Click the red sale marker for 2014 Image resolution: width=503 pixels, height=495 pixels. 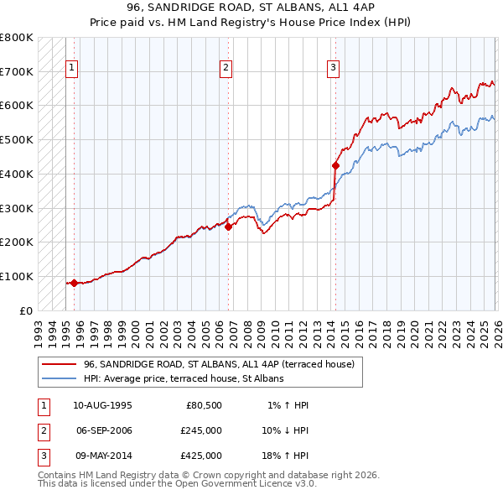335,165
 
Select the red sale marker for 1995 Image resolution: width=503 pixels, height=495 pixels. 74,283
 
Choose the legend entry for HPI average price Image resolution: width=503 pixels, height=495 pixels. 184,378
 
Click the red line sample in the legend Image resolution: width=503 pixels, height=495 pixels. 60,364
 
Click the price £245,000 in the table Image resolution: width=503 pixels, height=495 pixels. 201,430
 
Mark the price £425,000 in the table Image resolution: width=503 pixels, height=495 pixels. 201,456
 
